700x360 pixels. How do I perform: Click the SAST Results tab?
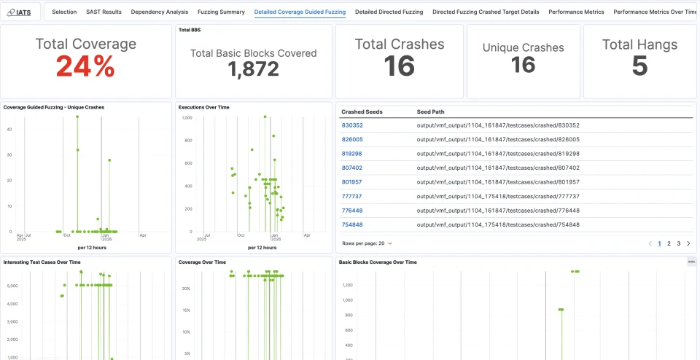click(104, 12)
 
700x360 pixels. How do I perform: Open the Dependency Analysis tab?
click(160, 12)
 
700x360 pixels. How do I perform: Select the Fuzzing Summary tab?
click(221, 12)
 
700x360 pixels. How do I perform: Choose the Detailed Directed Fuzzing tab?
click(389, 12)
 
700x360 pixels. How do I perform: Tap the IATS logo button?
click(20, 12)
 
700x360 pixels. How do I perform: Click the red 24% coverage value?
click(85, 66)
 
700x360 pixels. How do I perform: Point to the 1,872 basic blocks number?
click(253, 69)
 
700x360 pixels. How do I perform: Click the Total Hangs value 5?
click(639, 66)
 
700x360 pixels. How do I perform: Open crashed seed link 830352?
click(352, 125)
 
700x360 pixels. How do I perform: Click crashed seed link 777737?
click(352, 196)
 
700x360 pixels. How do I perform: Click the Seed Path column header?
click(430, 111)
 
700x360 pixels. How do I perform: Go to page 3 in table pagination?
click(679, 243)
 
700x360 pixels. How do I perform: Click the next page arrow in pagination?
click(688, 243)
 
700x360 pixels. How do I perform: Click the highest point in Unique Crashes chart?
click(77, 117)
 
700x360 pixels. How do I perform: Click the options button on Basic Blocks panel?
click(691, 262)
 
